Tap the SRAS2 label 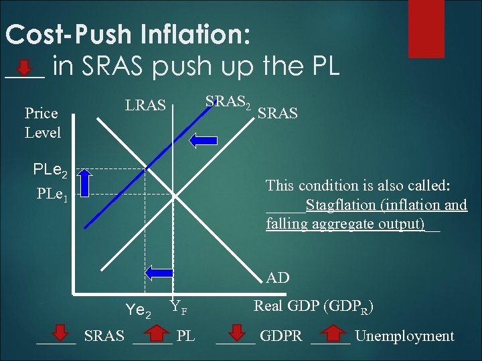[228, 102]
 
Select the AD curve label [278, 277]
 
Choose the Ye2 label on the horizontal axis [139, 312]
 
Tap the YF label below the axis [178, 308]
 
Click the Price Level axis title [42, 123]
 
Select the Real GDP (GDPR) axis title [313, 308]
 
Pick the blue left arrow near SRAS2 [203, 140]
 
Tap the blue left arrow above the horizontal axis [159, 271]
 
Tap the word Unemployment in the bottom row [404, 336]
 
